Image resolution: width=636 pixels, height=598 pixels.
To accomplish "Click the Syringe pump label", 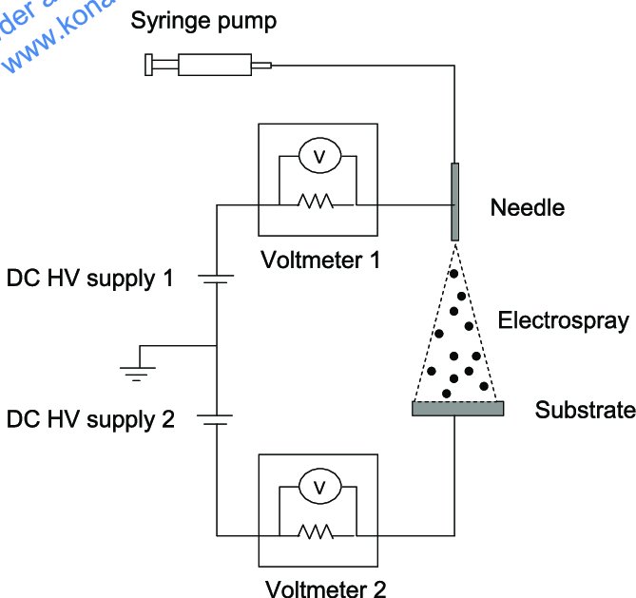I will pyautogui.click(x=204, y=20).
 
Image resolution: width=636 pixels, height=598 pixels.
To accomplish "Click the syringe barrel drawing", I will pyautogui.click(x=214, y=65).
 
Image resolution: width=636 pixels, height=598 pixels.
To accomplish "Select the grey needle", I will pyautogui.click(x=455, y=202).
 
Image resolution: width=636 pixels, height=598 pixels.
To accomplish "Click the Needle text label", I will pyautogui.click(x=527, y=207).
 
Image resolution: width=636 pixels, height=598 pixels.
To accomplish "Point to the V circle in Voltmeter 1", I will pyautogui.click(x=319, y=158).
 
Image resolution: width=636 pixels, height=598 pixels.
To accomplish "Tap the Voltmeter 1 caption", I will pyautogui.click(x=321, y=258).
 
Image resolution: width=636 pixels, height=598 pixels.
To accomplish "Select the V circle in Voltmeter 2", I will pyautogui.click(x=319, y=488).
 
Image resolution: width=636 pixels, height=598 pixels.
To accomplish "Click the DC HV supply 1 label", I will pyautogui.click(x=90, y=280).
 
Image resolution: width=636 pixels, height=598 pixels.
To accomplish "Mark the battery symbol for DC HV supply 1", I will pyautogui.click(x=218, y=280).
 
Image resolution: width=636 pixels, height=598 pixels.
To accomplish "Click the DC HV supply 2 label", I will pyautogui.click(x=90, y=419).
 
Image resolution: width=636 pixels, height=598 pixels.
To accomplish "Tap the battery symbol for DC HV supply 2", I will pyautogui.click(x=218, y=419).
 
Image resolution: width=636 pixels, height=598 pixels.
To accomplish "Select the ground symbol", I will pyautogui.click(x=138, y=370).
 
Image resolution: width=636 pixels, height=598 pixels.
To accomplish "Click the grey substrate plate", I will pyautogui.click(x=457, y=408).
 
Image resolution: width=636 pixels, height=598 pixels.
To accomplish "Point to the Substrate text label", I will pyautogui.click(x=584, y=410).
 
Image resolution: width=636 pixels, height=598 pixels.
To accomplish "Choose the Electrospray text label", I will pyautogui.click(x=563, y=320).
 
